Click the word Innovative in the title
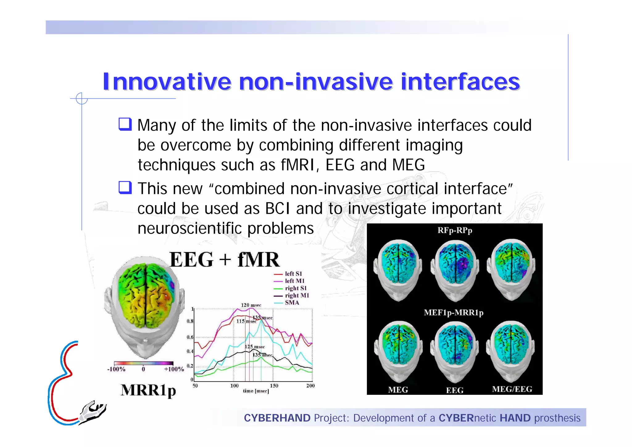click(167, 82)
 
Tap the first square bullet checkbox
click(125, 124)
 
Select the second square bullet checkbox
click(125, 188)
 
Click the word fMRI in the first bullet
click(297, 165)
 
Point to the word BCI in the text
click(277, 209)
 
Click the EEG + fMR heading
click(224, 259)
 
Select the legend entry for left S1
click(293, 274)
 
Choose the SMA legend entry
click(292, 303)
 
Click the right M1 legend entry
click(297, 295)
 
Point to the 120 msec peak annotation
click(251, 305)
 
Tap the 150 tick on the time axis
click(274, 386)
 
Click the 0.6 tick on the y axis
click(190, 337)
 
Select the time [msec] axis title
click(256, 391)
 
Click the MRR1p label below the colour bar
click(148, 390)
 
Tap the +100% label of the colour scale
click(174, 369)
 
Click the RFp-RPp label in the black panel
click(455, 230)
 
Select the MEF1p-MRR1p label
click(453, 313)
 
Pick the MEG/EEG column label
click(512, 389)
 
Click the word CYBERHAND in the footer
click(277, 418)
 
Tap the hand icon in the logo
click(92, 412)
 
